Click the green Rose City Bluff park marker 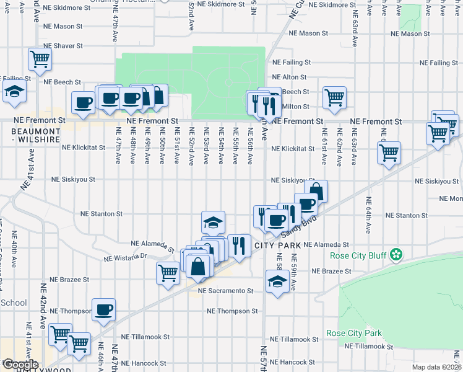click(x=397, y=255)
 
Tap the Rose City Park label click(x=353, y=333)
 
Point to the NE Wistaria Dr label click(x=124, y=256)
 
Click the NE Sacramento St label click(x=226, y=290)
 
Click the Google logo click(x=20, y=365)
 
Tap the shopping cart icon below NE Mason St click(x=40, y=60)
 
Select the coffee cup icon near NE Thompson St click(x=104, y=309)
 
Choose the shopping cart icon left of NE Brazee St click(x=168, y=273)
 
